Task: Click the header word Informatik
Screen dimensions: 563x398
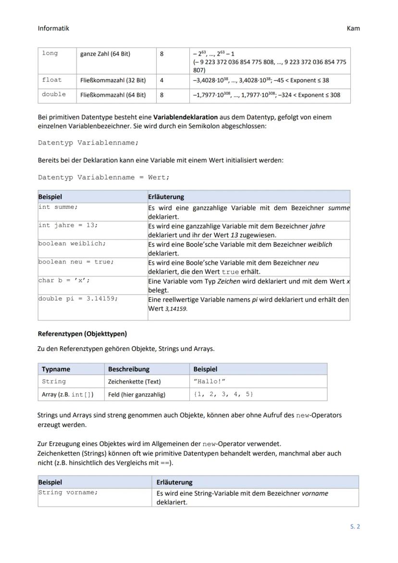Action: click(x=53, y=28)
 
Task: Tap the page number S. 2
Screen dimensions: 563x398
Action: click(x=355, y=526)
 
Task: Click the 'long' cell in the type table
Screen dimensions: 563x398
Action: click(x=50, y=53)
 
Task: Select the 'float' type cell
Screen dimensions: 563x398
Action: click(x=51, y=80)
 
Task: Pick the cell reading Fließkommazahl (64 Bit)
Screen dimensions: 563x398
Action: click(x=113, y=95)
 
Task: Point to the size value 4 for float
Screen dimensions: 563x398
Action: click(x=162, y=80)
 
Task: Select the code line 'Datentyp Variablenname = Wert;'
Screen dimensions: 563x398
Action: click(x=104, y=177)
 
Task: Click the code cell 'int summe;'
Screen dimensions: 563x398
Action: click(x=58, y=207)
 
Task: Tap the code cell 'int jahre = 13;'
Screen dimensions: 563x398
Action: click(x=68, y=225)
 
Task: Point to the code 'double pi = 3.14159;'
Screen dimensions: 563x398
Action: click(x=78, y=299)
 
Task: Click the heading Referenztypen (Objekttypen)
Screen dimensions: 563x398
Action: click(x=82, y=333)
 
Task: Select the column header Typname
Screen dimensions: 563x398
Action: click(x=56, y=369)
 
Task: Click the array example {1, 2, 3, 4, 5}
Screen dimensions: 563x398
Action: click(x=223, y=394)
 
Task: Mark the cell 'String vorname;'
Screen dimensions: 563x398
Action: click(x=68, y=493)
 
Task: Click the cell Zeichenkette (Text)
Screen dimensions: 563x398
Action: click(x=134, y=382)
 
